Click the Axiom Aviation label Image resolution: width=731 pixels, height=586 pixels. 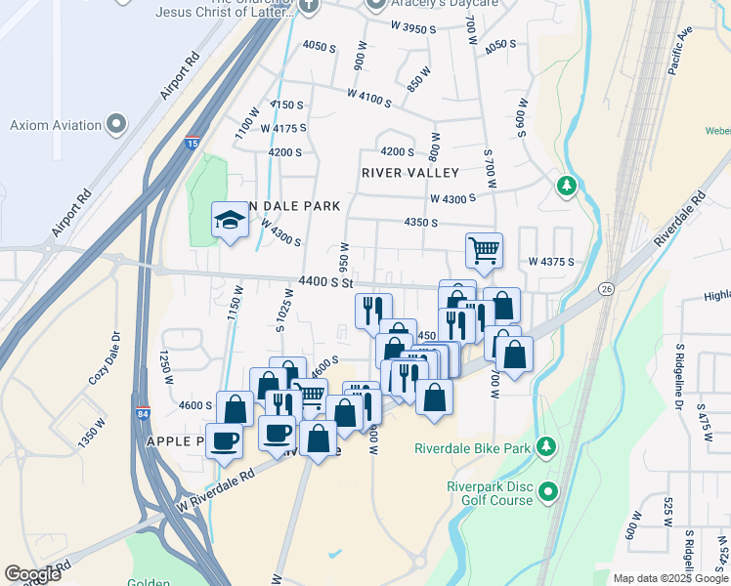tap(56, 125)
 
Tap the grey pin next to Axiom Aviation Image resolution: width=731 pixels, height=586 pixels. tap(117, 124)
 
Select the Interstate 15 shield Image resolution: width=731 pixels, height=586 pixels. tap(193, 143)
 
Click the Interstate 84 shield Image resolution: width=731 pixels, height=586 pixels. tap(143, 414)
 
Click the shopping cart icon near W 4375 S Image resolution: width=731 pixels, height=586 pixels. tap(484, 250)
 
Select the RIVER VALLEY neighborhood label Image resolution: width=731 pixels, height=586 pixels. tap(409, 173)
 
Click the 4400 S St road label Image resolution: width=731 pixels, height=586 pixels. tap(325, 281)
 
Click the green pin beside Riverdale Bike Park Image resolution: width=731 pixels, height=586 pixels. tap(547, 447)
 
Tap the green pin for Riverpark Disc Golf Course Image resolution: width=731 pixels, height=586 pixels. tap(548, 490)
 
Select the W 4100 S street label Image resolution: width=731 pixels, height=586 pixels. tap(368, 99)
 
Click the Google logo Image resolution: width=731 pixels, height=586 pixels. tap(33, 574)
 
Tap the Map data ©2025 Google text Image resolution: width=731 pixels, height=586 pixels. tap(669, 578)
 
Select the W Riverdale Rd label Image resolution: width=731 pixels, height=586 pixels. tap(215, 489)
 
